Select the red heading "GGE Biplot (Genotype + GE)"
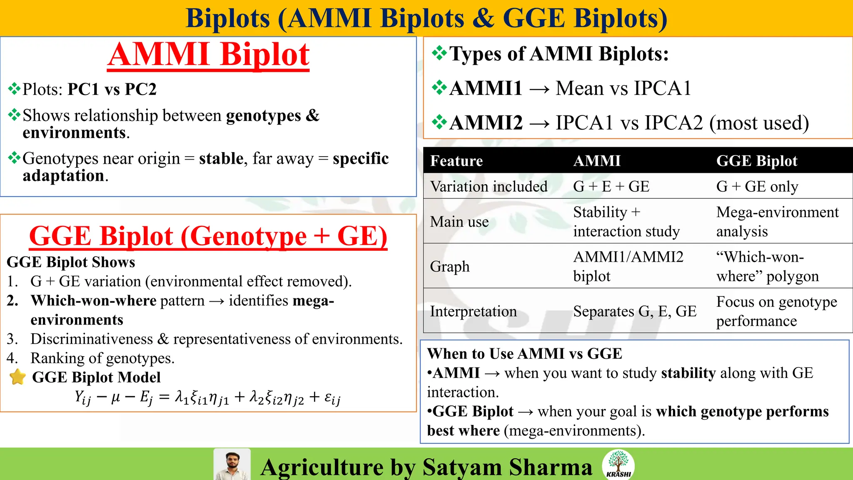tap(208, 236)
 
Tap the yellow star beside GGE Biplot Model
tap(17, 377)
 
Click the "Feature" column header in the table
tap(456, 161)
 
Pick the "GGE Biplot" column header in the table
tap(756, 161)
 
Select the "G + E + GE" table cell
tap(611, 186)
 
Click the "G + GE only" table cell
tap(757, 186)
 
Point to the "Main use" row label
tap(459, 222)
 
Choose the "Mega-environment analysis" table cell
tap(777, 222)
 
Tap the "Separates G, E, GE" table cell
tap(634, 311)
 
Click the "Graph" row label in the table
tap(450, 266)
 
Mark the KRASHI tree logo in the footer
tap(619, 464)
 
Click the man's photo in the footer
tap(232, 465)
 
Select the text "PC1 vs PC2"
tap(112, 89)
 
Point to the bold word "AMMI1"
tap(486, 88)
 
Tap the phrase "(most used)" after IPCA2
tap(759, 123)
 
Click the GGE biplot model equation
tap(208, 398)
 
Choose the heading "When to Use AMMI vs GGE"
tap(524, 354)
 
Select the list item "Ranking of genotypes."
tap(102, 358)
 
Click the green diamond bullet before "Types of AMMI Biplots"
tap(439, 53)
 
